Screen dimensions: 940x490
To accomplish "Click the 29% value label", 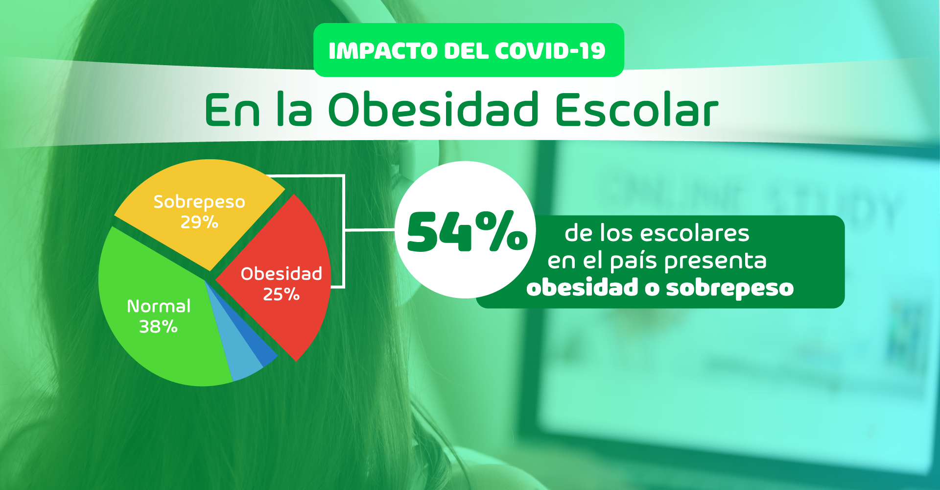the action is click(199, 222).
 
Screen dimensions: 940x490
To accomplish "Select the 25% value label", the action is click(281, 294).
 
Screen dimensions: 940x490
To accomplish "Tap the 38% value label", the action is click(158, 327).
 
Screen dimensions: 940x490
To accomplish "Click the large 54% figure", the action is click(467, 232).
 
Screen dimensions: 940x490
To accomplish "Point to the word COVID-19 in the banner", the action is click(550, 51).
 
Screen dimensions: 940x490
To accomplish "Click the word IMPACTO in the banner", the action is click(383, 51).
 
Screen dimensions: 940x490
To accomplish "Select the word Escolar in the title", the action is click(636, 109).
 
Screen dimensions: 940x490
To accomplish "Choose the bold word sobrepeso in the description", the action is click(729, 288).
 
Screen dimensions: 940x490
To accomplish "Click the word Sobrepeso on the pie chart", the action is click(199, 202).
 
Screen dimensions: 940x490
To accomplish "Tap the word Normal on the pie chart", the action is click(159, 306).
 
